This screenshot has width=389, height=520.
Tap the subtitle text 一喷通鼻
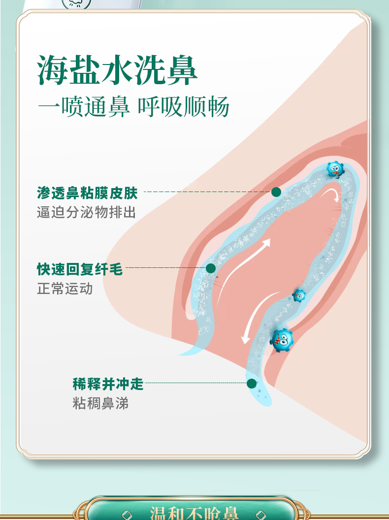point(84,107)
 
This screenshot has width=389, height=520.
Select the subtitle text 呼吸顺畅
point(183,107)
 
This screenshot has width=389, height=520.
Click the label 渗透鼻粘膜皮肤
point(87,193)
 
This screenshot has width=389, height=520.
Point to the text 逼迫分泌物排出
point(86,212)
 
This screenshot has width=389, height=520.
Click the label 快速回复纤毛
point(80,269)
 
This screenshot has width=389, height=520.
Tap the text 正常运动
point(65,288)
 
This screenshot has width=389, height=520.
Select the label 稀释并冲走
point(108,384)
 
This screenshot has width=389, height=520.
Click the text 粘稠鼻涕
point(100,403)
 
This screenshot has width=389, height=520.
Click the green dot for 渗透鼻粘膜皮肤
point(276,192)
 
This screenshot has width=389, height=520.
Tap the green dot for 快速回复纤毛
point(211,268)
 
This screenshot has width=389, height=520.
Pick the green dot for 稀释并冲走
point(252,384)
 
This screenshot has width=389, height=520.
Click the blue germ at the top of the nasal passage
point(335,169)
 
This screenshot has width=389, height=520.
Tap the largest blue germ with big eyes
point(282,339)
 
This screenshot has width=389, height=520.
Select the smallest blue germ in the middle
point(299,295)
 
